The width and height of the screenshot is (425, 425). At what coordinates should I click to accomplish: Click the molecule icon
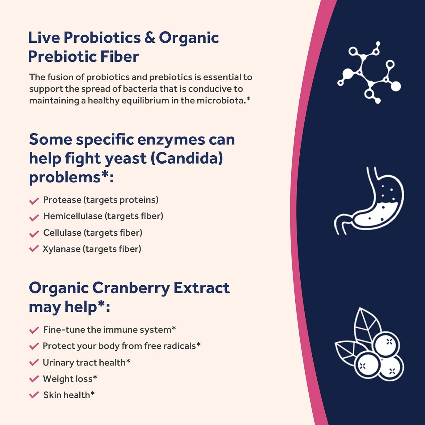[x=369, y=72]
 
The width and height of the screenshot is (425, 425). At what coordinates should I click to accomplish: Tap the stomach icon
[x=369, y=201]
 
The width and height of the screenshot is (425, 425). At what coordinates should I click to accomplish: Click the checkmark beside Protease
[x=34, y=201]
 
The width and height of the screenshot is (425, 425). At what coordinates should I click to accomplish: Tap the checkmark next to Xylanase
[x=34, y=249]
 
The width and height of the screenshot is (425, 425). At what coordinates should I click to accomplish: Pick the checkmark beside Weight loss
[x=34, y=379]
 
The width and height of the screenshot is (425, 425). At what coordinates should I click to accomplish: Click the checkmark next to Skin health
[x=34, y=395]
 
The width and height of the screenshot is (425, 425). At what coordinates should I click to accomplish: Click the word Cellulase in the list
[x=62, y=233]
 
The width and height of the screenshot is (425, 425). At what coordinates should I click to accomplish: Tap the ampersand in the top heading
[x=150, y=38]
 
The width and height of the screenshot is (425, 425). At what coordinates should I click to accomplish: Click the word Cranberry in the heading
[x=131, y=288]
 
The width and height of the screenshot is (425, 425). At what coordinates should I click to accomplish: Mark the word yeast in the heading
[x=126, y=159]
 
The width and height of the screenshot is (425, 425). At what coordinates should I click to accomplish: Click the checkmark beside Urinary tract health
[x=34, y=362]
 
